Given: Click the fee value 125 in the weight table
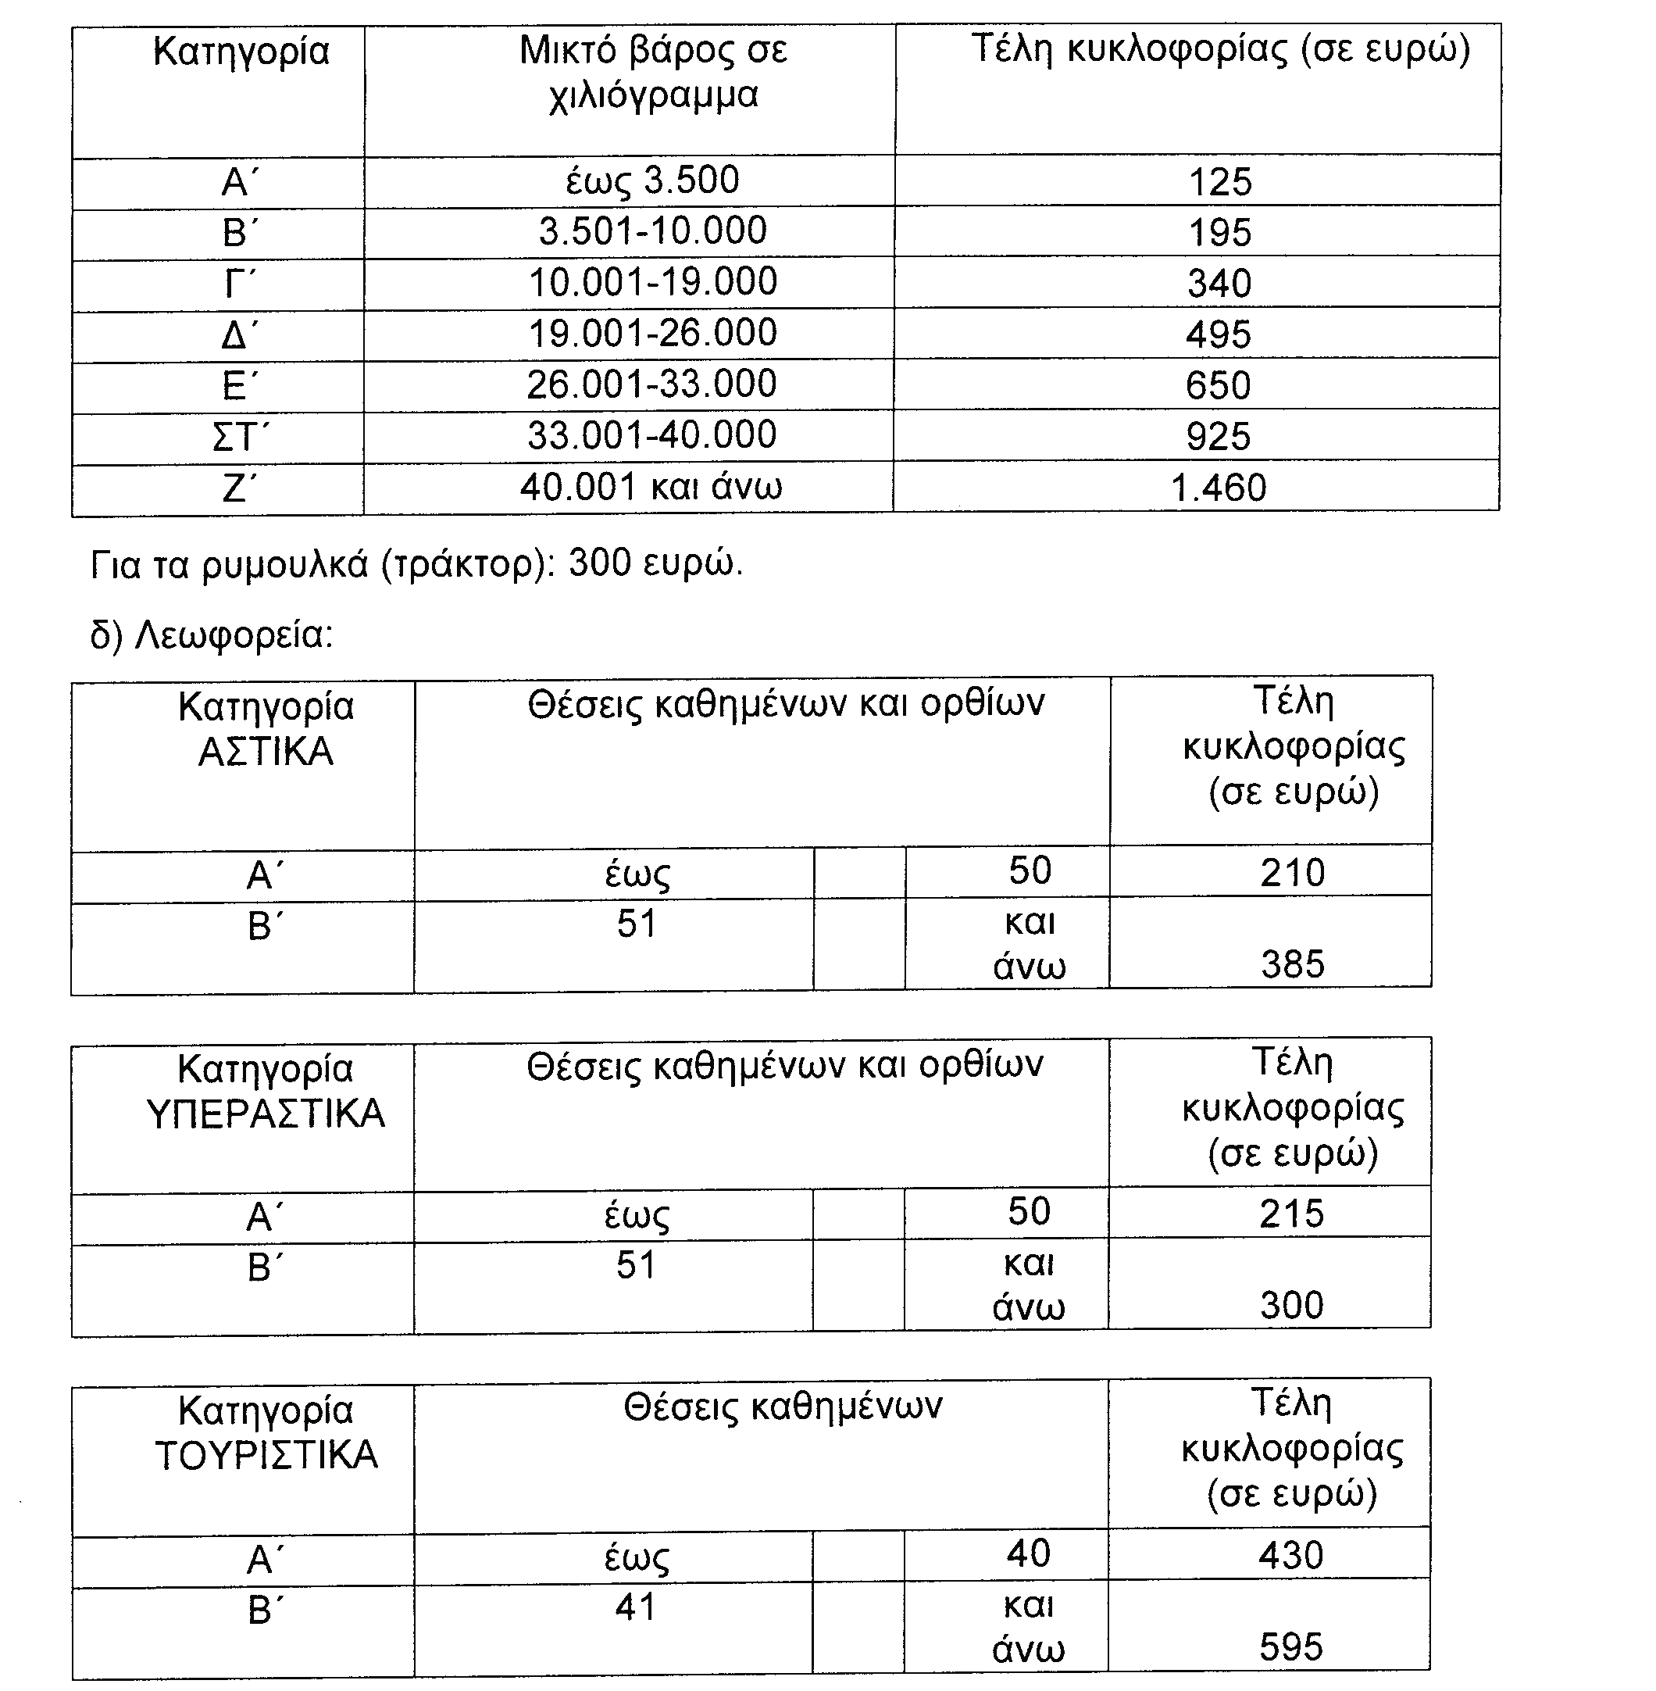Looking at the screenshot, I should click(x=1219, y=183).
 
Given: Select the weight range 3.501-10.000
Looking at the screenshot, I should click(x=652, y=231).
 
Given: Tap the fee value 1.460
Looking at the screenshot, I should click(x=1219, y=488).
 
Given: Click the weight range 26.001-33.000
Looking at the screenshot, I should click(x=651, y=384).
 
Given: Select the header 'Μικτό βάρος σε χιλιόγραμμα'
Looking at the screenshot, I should click(x=653, y=72).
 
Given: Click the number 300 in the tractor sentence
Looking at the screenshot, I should click(x=600, y=563).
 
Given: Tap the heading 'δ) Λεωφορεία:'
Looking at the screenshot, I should click(x=212, y=636).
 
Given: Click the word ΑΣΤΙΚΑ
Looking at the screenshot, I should click(x=266, y=752).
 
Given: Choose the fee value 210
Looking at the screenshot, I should click(x=1293, y=873).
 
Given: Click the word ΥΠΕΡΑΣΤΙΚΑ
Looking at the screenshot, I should click(x=266, y=1114).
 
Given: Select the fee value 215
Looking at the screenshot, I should click(x=1291, y=1214).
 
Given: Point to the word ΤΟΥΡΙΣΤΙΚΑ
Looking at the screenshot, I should click(x=266, y=1455).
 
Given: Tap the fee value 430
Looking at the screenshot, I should click(x=1290, y=1555).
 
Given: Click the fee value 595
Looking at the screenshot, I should click(x=1290, y=1646).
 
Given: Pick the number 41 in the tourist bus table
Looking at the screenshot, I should click(x=636, y=1607).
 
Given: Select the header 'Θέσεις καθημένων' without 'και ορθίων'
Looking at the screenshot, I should click(x=782, y=1407).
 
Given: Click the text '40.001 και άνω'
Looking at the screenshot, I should click(x=651, y=487).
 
